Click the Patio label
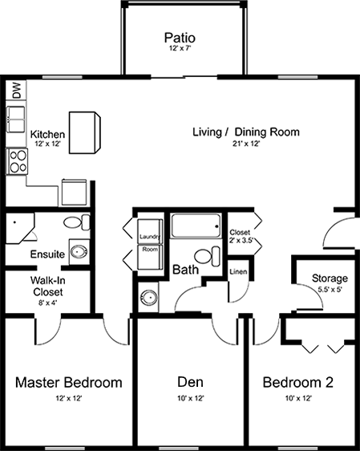coord(180,38)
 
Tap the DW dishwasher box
coord(16,90)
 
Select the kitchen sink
coord(16,119)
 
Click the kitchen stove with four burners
coord(17,161)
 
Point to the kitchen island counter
coord(85,132)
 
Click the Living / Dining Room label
coord(246,132)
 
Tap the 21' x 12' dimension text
coord(246,144)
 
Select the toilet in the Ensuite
coord(77,222)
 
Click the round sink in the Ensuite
coord(78,252)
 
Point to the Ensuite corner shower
coord(19,228)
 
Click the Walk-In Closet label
coord(47,286)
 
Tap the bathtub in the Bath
coord(196,225)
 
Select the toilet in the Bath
coord(208,256)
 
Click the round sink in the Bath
coord(149,298)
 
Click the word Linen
coord(238,271)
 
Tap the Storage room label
coord(330,278)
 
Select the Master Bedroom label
coord(69,382)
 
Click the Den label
coord(190,382)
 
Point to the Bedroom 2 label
coord(298,382)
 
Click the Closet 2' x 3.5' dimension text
coord(241,241)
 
